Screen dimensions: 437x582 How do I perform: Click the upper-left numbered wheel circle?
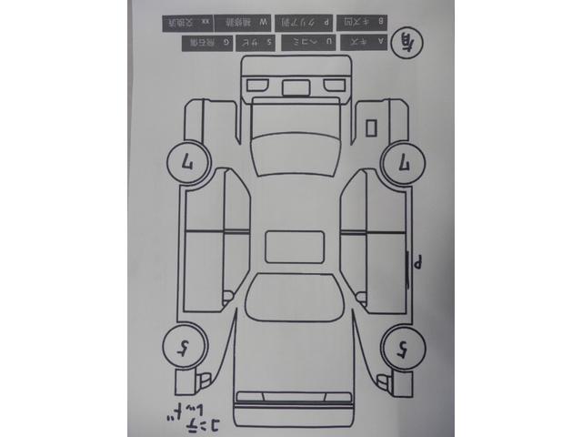(x=184, y=165)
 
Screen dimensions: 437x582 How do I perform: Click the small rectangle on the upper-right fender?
(x=371, y=127)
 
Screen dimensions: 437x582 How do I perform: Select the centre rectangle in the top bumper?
(x=295, y=87)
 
